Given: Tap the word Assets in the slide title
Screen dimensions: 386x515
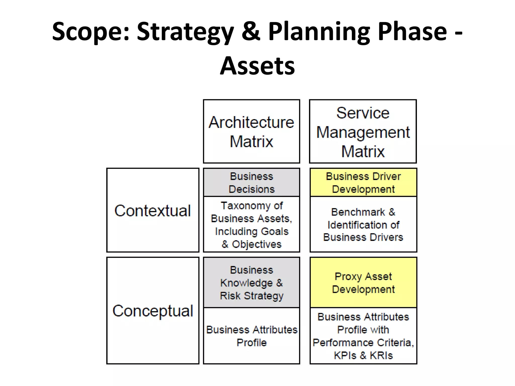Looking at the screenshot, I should (x=257, y=66).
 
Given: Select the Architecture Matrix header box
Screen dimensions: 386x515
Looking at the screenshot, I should (x=251, y=131).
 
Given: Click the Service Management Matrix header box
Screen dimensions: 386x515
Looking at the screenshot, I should (x=363, y=131).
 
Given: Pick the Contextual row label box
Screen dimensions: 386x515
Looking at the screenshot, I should (x=153, y=210).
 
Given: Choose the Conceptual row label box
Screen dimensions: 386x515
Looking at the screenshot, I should (x=153, y=310).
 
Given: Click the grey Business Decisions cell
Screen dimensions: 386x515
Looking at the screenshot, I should (x=251, y=182).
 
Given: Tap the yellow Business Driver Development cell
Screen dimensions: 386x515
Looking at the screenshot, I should (x=363, y=182).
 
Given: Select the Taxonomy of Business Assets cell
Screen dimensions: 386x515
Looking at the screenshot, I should (x=251, y=224).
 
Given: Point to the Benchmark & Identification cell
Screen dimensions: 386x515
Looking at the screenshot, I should (x=363, y=224).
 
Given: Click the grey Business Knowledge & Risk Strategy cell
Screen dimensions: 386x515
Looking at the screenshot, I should (x=251, y=282).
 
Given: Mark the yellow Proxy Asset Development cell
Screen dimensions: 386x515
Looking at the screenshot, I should (x=363, y=282).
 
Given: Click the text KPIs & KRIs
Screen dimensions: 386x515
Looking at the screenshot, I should (x=363, y=355).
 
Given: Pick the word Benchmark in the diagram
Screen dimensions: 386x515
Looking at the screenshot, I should (x=358, y=212).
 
